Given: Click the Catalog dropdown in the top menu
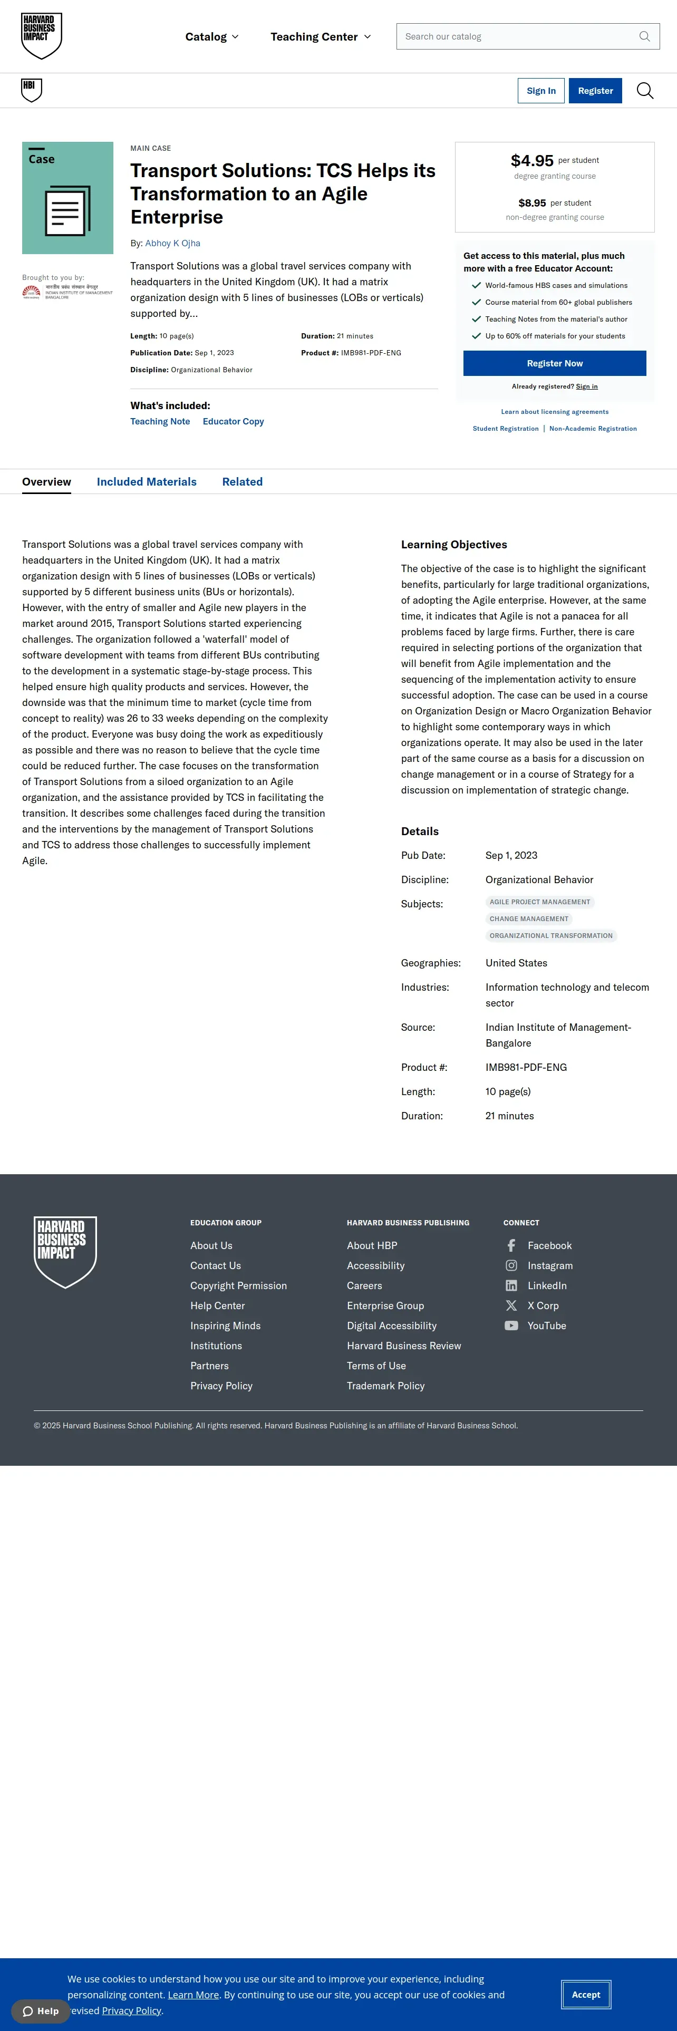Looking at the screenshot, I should tap(211, 37).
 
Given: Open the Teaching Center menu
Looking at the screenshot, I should tap(320, 37).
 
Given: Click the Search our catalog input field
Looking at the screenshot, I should tap(520, 36).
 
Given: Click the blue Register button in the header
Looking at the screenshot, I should tap(595, 91).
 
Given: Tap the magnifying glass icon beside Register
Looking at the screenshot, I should tap(645, 91).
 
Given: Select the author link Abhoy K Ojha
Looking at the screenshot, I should tap(172, 244).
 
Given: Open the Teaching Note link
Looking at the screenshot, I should tap(160, 422).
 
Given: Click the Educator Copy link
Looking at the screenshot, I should tap(233, 422).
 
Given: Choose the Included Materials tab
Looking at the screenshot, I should tap(147, 482).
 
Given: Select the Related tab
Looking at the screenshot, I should tap(242, 482).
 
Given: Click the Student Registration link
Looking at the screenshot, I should tap(505, 429).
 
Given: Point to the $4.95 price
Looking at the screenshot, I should tap(532, 161).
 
